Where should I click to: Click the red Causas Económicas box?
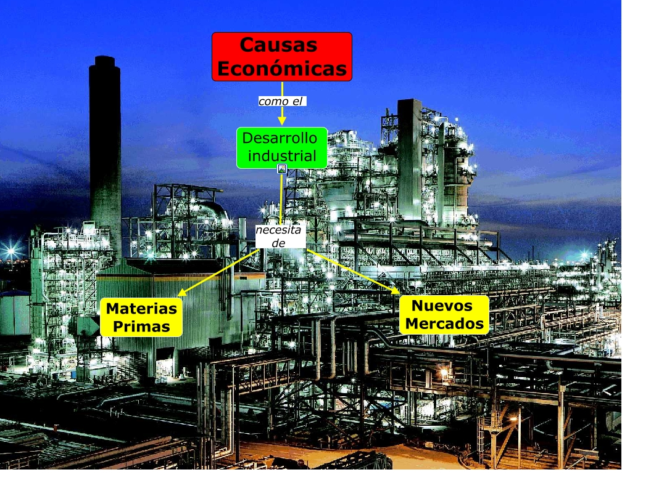pyautogui.click(x=282, y=57)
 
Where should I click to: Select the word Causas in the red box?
pyautogui.click(x=278, y=45)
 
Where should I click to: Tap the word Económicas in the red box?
pyautogui.click(x=282, y=69)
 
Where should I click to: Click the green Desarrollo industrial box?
pyautogui.click(x=282, y=148)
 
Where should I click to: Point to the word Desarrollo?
pyautogui.click(x=280, y=138)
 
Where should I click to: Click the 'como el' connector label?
pyautogui.click(x=282, y=101)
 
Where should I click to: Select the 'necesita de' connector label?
pyautogui.click(x=281, y=236)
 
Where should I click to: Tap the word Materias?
pyautogui.click(x=141, y=308)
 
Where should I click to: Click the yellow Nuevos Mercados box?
pyautogui.click(x=444, y=314)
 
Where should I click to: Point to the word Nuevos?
pyautogui.click(x=442, y=305)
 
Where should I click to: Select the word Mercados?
pyautogui.click(x=444, y=323)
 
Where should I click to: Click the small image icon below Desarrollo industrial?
pyautogui.click(x=282, y=169)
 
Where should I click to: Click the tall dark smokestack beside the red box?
pyautogui.click(x=105, y=142)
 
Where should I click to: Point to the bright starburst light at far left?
pyautogui.click(x=10, y=251)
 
